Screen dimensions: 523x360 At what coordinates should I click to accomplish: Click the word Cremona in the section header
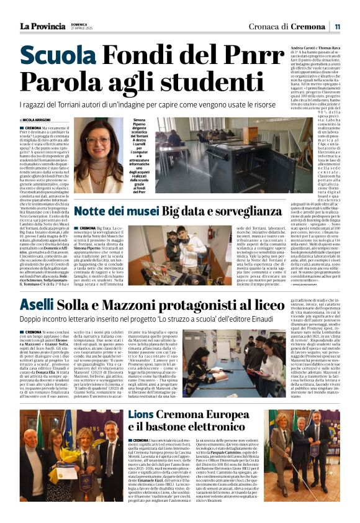pyautogui.click(x=308, y=26)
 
